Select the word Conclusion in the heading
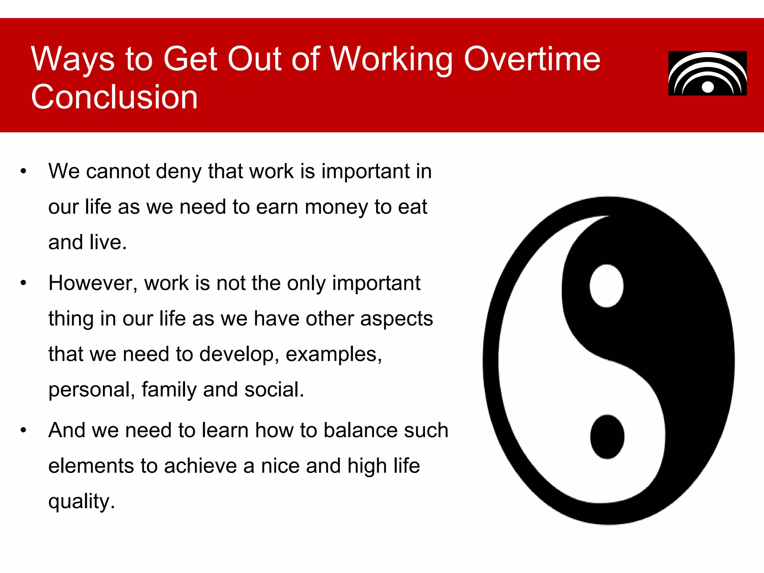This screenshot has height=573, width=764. (x=114, y=97)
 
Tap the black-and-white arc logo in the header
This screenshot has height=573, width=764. (x=707, y=73)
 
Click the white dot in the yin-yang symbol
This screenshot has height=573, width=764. (x=607, y=286)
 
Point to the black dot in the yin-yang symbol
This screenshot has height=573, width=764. (x=607, y=436)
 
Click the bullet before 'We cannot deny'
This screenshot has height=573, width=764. (x=24, y=172)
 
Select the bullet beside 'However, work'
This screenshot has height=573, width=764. (x=24, y=283)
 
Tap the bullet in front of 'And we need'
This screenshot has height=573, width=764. (x=24, y=430)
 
